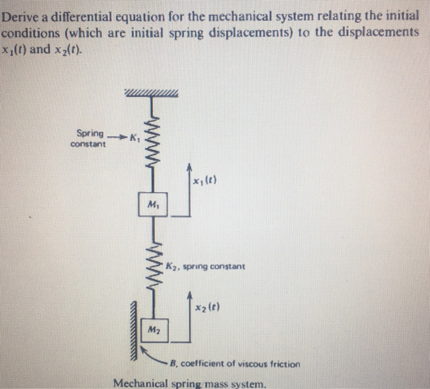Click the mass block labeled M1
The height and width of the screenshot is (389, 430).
coord(151,204)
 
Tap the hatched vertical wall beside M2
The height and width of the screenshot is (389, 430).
coord(133,331)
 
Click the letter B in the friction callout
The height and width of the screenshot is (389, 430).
coord(174,364)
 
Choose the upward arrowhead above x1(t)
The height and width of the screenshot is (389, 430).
coord(190,166)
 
